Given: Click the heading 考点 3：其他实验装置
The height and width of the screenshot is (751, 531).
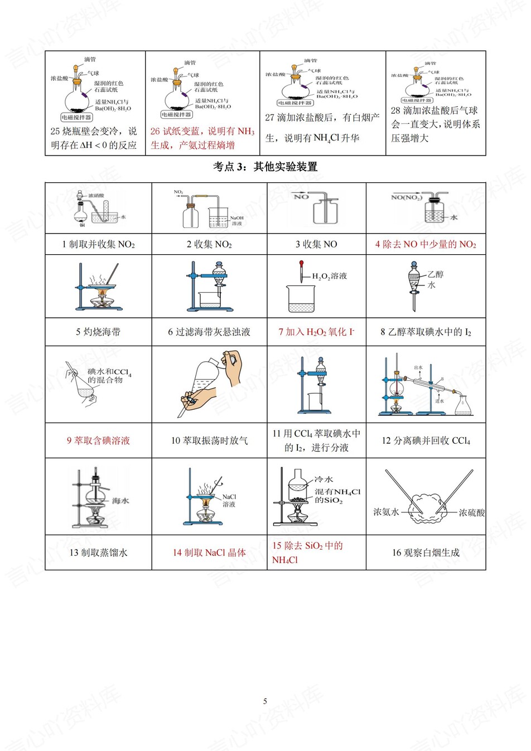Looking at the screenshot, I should [x=265, y=167].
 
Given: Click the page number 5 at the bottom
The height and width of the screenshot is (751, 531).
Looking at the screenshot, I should [x=265, y=701].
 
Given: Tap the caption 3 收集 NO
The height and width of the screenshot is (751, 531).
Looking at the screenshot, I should [x=316, y=244].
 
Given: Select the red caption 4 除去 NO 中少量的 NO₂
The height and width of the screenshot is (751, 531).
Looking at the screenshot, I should [x=426, y=244].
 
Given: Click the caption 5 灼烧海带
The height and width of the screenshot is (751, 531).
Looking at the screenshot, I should [x=98, y=332].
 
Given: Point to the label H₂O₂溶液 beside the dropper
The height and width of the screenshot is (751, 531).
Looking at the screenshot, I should [x=329, y=276].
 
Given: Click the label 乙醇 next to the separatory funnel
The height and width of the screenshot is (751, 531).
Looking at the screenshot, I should [x=435, y=274].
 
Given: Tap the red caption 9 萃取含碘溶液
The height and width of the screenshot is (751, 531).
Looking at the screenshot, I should [x=98, y=440].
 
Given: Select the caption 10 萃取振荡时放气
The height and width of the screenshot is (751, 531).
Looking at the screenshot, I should [x=209, y=440].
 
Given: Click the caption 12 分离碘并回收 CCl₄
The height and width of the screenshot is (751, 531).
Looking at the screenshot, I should [x=426, y=440].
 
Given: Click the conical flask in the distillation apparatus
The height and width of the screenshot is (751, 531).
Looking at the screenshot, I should [x=464, y=406].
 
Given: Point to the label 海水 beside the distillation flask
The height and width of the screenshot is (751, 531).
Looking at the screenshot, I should [x=120, y=501].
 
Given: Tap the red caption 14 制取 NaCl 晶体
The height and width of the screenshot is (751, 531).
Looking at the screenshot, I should [x=209, y=553].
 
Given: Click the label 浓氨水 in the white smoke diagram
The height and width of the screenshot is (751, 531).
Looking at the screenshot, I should [x=386, y=512].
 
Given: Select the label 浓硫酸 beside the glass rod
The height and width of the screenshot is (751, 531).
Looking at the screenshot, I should [x=471, y=512].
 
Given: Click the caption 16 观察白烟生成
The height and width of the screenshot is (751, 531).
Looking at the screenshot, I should [x=426, y=553].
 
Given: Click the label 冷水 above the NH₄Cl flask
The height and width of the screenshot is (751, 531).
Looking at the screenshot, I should [x=324, y=479].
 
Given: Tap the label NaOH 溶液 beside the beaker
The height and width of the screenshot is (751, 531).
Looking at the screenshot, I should [x=236, y=221].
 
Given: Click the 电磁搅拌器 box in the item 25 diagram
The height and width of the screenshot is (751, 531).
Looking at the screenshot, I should [x=76, y=117].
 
